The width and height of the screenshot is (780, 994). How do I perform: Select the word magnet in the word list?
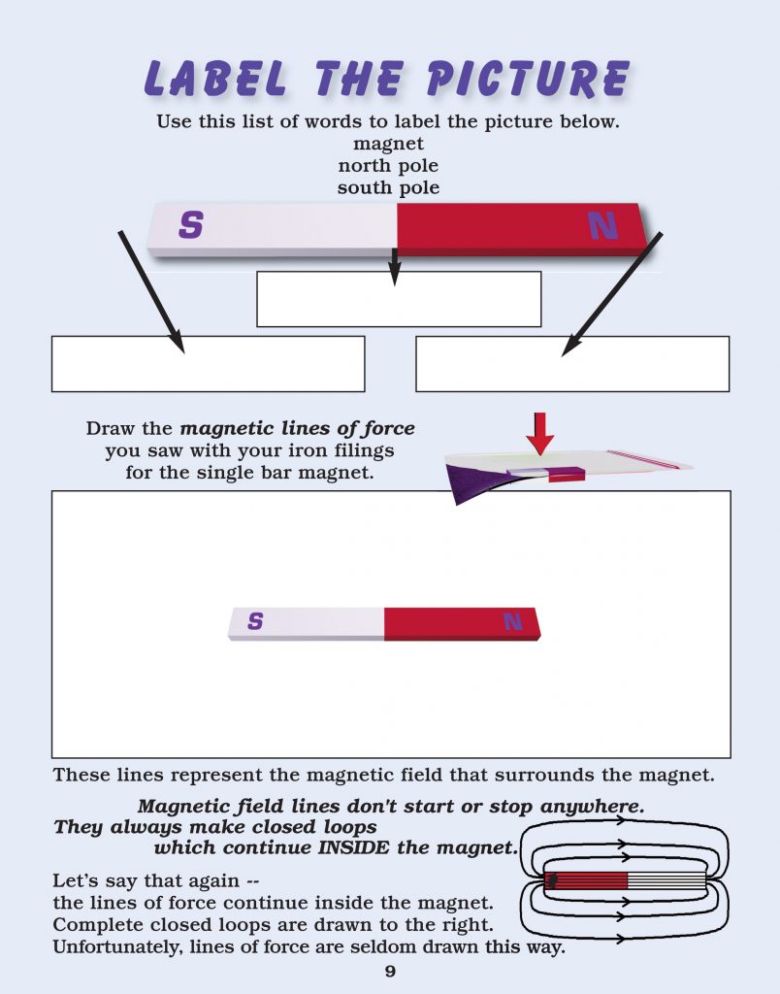click(388, 145)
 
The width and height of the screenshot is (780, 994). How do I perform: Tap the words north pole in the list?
click(388, 166)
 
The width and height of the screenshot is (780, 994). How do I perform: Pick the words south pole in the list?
click(388, 187)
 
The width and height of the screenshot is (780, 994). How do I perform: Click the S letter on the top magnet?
click(191, 226)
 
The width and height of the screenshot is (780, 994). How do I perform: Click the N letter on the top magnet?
click(602, 226)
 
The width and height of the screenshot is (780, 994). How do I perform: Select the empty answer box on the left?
click(208, 364)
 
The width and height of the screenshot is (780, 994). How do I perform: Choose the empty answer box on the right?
click(572, 364)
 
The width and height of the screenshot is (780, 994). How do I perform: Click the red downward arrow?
click(540, 433)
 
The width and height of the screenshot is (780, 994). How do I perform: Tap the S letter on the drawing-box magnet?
click(255, 621)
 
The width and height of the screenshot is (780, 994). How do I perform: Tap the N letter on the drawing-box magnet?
click(512, 622)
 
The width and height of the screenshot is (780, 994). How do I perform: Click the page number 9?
click(389, 972)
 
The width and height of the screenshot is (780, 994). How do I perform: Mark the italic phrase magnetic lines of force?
click(298, 428)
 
